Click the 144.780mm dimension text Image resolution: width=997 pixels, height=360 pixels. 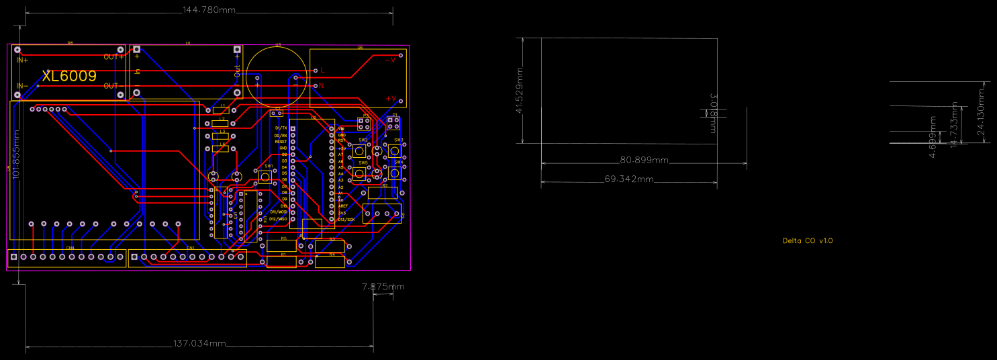(209, 9)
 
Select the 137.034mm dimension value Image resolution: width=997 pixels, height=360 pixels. (200, 344)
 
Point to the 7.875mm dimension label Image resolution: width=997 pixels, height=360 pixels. (383, 287)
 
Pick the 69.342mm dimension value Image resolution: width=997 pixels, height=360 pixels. (629, 179)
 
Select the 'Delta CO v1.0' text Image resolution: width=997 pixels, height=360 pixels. (808, 240)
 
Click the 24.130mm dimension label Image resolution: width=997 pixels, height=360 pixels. (982, 111)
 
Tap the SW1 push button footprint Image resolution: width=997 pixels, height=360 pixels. (266, 177)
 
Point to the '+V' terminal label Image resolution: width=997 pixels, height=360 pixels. (391, 99)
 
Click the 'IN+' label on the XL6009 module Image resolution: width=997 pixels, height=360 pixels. (23, 60)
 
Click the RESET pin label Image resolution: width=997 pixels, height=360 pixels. (281, 142)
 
